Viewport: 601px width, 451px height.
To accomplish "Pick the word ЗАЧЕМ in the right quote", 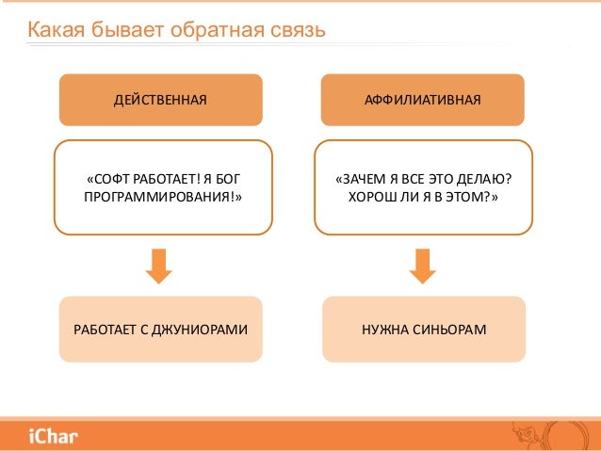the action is tap(361, 177).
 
